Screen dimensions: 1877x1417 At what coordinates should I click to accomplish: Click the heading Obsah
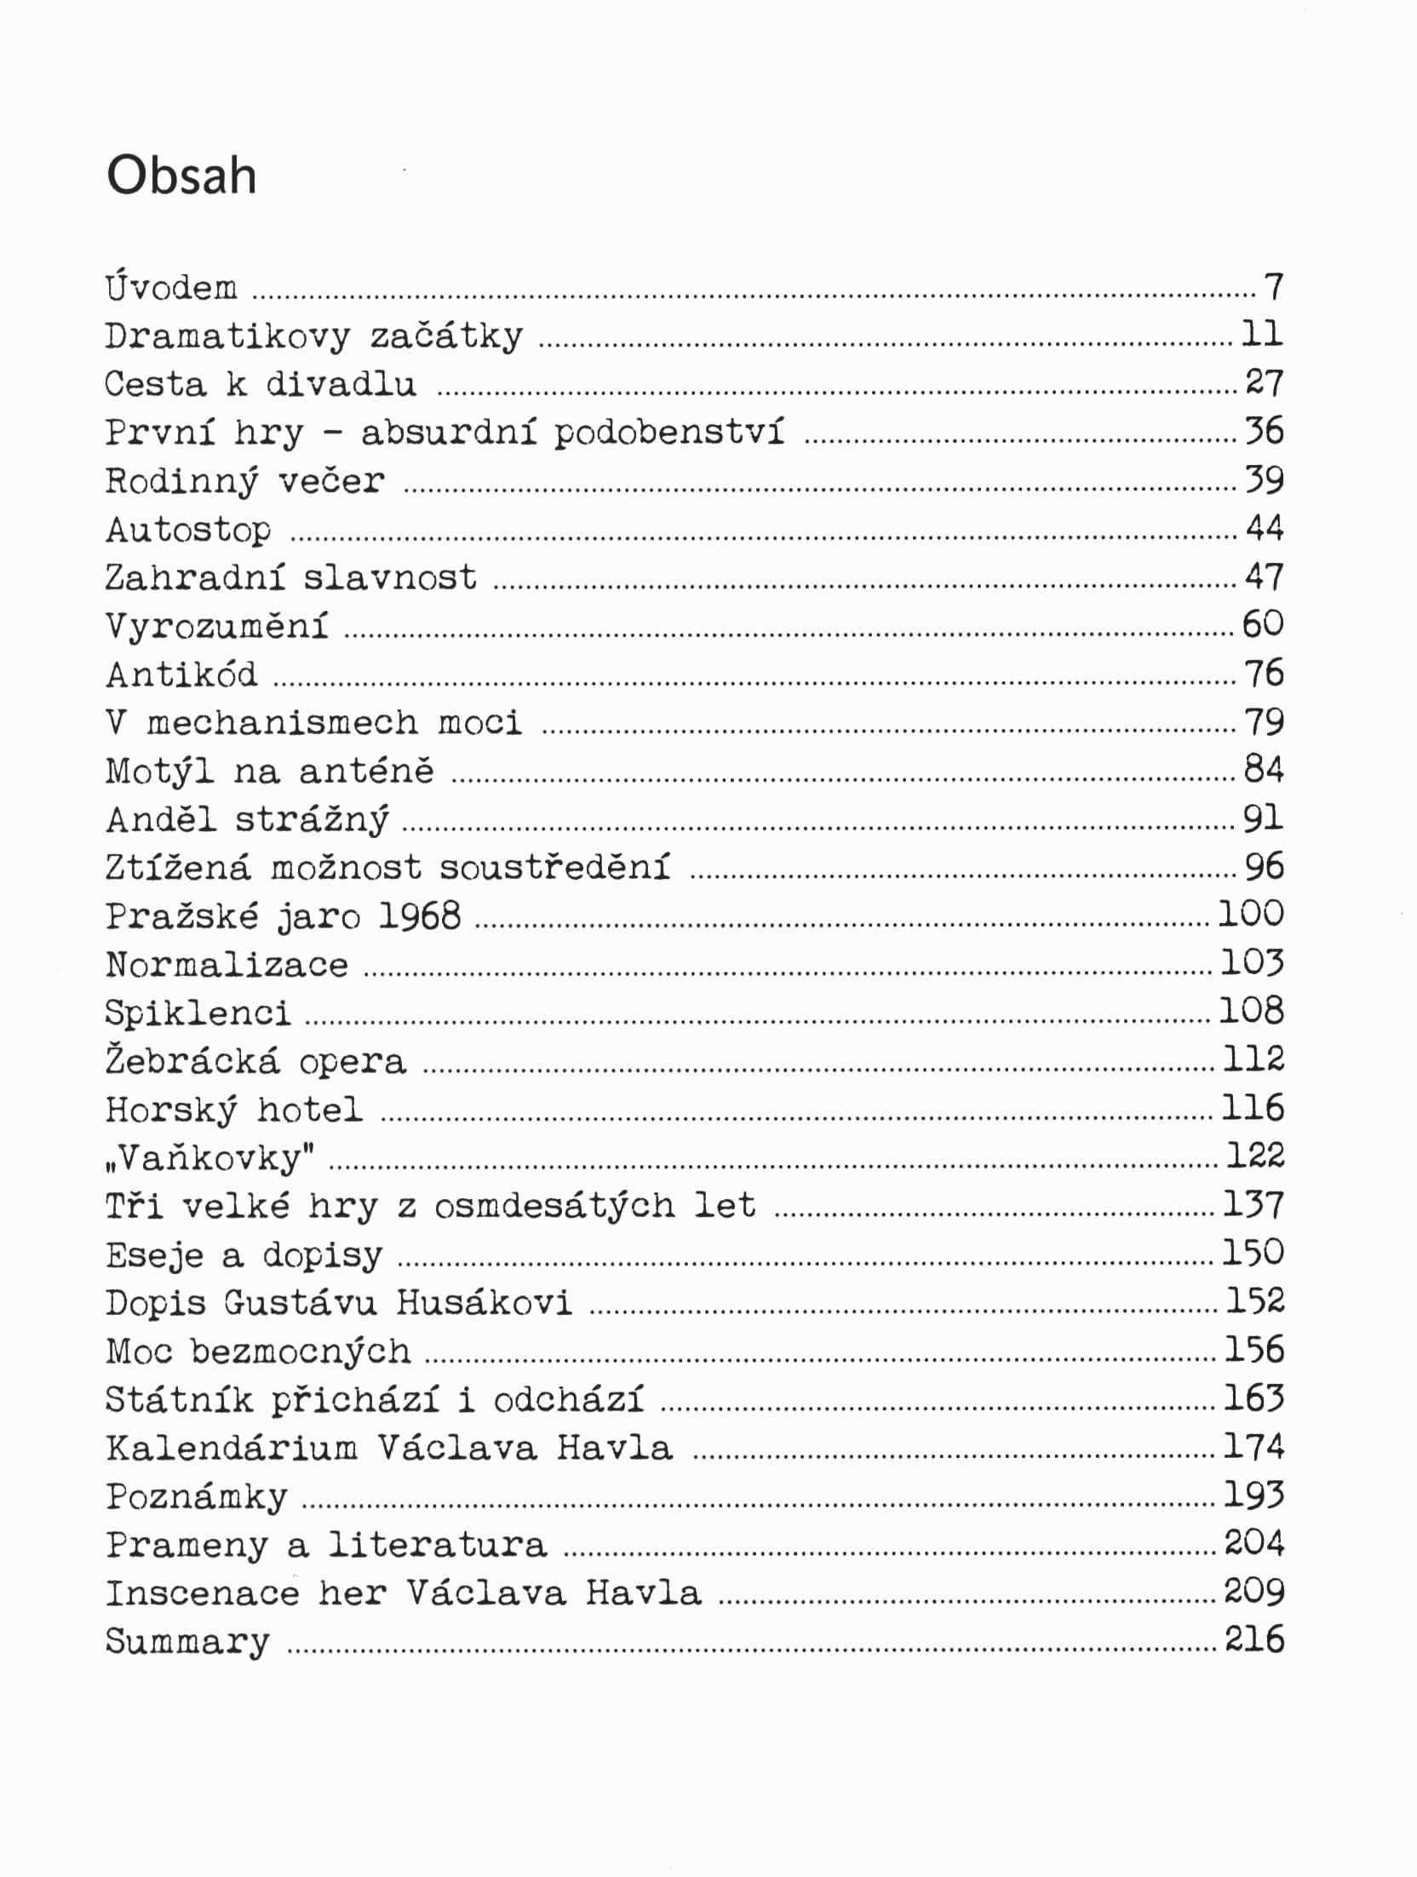pos(181,176)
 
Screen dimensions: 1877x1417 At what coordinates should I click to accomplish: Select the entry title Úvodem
pos(171,287)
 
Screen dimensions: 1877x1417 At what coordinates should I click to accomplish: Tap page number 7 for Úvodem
pos(1273,287)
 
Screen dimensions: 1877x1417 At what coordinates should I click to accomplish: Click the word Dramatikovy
pos(227,336)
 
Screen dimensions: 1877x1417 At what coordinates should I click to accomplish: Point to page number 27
pos(1264,383)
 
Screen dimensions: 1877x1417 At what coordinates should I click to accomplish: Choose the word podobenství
pos(668,433)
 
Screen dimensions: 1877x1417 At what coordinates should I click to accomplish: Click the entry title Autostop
pos(188,530)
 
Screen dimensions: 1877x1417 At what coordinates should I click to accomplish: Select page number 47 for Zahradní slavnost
pos(1264,577)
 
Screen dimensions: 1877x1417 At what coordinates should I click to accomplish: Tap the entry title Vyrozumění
pos(216,627)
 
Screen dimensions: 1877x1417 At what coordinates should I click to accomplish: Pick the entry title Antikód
pos(181,674)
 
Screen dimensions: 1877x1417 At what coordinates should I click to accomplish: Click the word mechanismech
pos(282,723)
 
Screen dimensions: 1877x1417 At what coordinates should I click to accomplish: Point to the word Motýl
pos(158,772)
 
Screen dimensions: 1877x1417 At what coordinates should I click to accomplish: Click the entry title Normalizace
pos(227,965)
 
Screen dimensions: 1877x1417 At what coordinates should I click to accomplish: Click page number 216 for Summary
pos(1253,1639)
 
